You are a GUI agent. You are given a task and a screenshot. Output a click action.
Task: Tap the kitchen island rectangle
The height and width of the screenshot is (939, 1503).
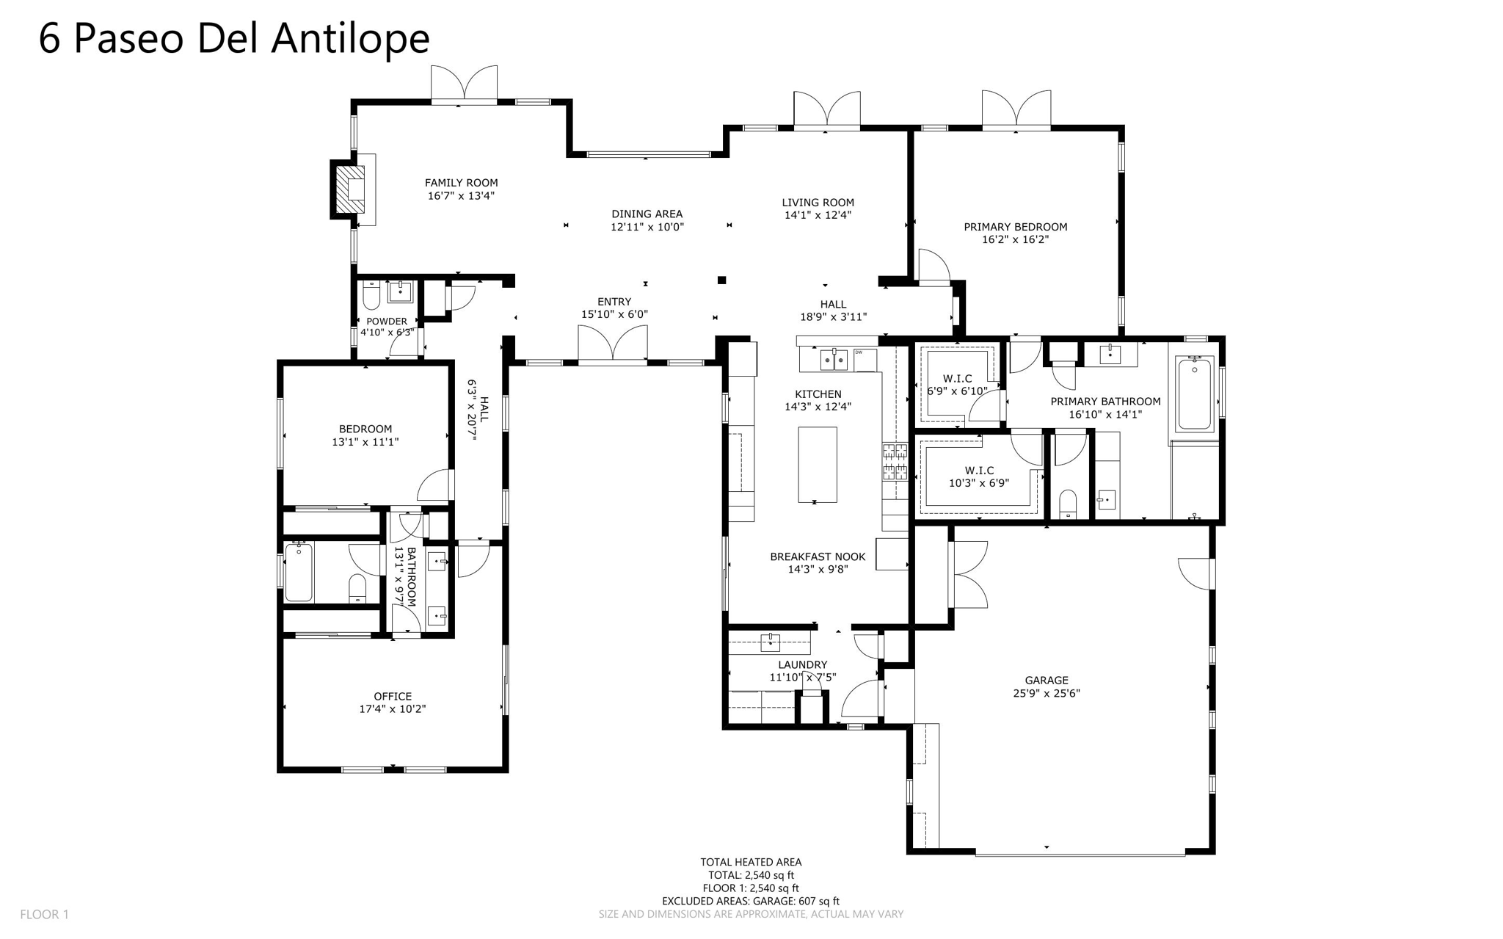[817, 464]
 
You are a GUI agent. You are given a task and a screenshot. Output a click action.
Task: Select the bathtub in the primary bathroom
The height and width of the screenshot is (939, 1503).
[1195, 393]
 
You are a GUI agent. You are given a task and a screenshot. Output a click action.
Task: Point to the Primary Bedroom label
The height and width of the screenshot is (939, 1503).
[1015, 227]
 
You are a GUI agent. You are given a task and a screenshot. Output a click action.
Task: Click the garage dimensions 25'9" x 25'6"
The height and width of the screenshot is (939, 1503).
[1047, 693]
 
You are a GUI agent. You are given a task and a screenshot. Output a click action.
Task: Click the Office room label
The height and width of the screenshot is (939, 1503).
[393, 696]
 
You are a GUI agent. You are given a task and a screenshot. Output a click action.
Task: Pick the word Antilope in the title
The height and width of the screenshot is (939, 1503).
[350, 38]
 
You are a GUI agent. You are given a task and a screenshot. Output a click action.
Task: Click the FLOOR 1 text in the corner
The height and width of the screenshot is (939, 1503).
[44, 914]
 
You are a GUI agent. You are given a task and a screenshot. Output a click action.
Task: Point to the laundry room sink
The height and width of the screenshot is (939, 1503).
[769, 643]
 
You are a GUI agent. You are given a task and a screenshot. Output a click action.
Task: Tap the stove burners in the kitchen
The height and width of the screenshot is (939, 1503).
[895, 461]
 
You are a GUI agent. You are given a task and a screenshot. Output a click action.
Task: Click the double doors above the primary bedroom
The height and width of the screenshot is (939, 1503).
[1016, 109]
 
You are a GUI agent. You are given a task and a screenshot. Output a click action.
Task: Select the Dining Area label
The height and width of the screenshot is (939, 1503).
[647, 214]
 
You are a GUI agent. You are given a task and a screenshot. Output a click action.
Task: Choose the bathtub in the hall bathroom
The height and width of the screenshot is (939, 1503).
[299, 571]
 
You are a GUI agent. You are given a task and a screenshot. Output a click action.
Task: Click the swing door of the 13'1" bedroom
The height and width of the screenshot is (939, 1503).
[436, 485]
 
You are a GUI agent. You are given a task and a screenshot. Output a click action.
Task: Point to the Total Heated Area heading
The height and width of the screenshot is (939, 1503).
[750, 862]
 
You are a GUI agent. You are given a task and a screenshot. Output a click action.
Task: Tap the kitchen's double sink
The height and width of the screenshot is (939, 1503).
[834, 360]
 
